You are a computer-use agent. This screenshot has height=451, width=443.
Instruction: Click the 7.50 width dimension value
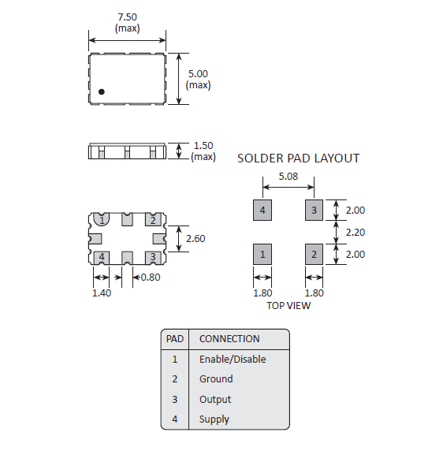click(x=128, y=17)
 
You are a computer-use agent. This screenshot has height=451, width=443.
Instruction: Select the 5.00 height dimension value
click(x=198, y=74)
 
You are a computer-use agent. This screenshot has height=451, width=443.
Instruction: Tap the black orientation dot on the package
click(x=102, y=91)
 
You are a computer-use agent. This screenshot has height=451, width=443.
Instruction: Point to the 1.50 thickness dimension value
click(x=203, y=146)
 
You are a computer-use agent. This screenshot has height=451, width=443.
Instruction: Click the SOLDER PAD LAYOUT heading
click(x=299, y=158)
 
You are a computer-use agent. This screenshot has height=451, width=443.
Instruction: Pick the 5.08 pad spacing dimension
click(x=289, y=177)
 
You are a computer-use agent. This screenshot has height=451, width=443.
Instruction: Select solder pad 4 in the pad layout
click(x=262, y=211)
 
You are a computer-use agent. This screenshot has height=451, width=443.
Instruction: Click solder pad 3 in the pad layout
click(x=314, y=211)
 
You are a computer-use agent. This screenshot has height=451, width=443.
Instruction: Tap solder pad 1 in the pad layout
click(x=262, y=254)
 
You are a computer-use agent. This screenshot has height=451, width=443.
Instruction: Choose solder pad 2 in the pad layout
click(x=314, y=254)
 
